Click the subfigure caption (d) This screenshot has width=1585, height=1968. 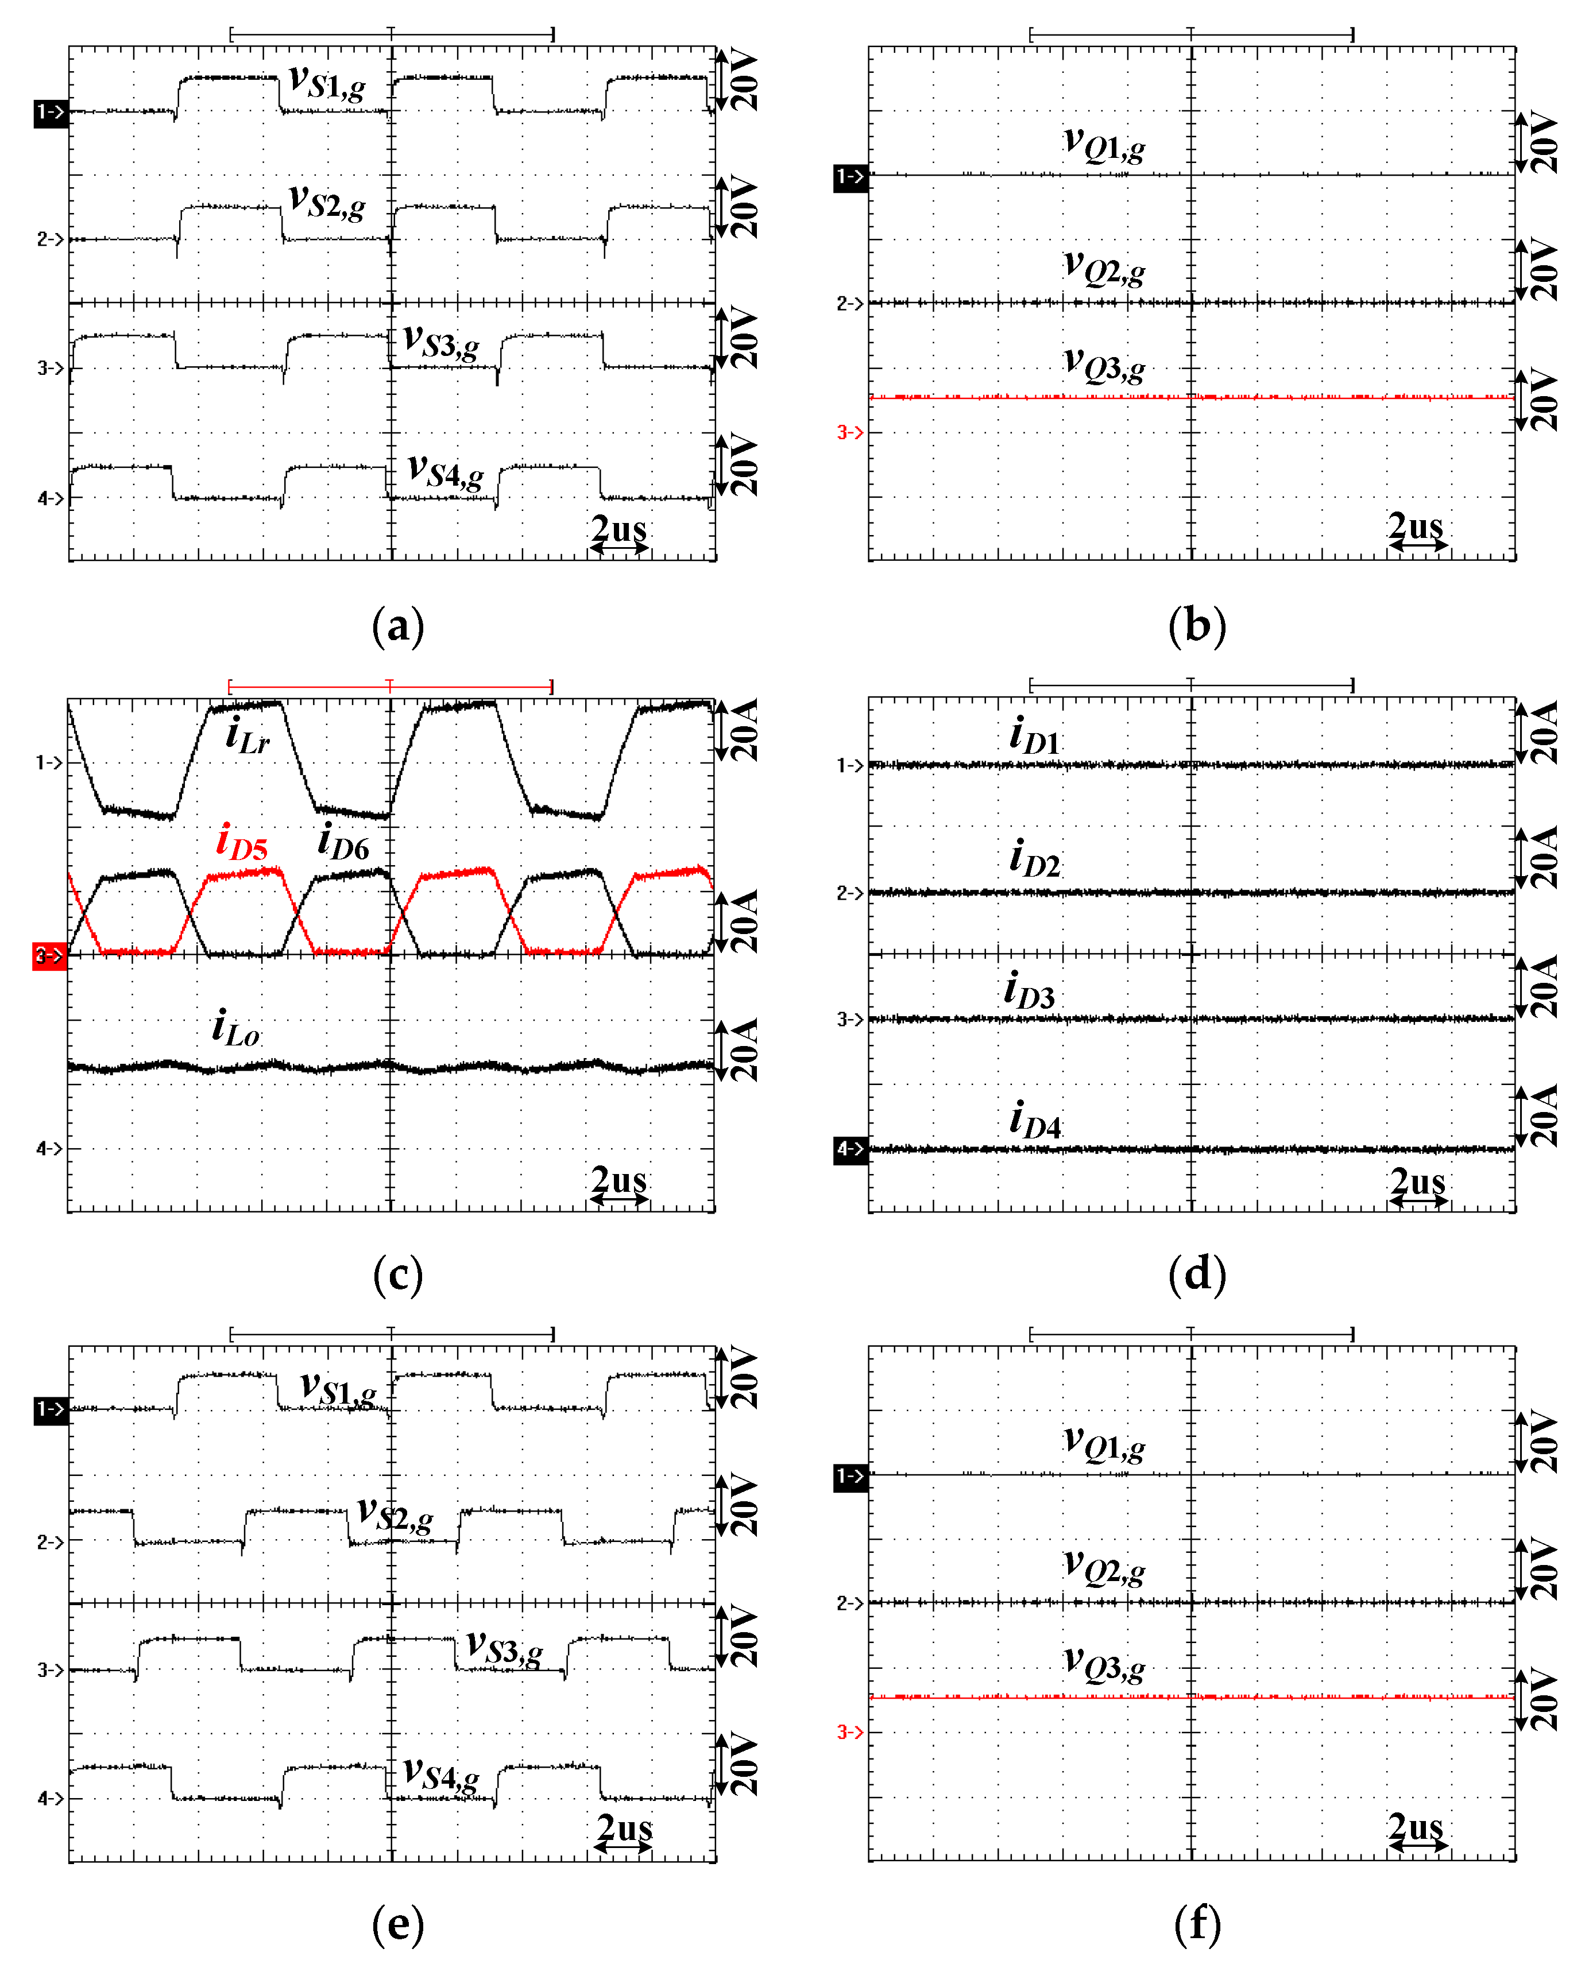(1197, 1274)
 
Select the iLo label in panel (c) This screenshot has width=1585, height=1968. (235, 1029)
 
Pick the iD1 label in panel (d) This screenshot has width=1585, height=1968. (1034, 737)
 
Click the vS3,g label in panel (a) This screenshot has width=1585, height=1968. (441, 343)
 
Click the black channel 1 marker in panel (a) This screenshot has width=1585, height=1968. (50, 113)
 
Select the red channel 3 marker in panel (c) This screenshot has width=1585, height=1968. (49, 956)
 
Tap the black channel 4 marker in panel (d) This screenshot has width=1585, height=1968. (850, 1149)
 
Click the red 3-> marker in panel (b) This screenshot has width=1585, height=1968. (850, 432)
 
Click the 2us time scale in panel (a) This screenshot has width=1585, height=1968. (619, 534)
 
